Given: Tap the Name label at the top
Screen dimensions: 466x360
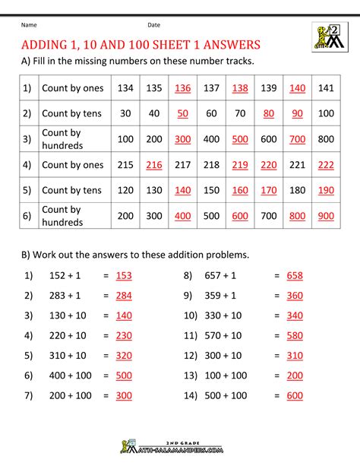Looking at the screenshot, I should point(29,24).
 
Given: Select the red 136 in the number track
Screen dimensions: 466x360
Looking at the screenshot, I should point(183,88).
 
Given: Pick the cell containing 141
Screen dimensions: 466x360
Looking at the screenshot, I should point(326,88).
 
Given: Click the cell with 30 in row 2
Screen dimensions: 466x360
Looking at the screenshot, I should point(125,113).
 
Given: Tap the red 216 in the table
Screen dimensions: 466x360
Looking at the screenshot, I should point(154,163).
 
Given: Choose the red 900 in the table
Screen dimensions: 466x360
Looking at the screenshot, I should point(326,215).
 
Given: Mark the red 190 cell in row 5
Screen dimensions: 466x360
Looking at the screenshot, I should point(326,190).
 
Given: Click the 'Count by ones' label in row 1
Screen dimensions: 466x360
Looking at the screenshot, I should point(73,88).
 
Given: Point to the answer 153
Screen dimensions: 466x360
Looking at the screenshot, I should point(124,277).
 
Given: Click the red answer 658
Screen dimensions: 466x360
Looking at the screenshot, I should point(295,277).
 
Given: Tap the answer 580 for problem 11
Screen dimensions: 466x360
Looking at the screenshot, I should point(295,335).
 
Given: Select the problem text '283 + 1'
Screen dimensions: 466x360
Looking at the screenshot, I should point(61,296).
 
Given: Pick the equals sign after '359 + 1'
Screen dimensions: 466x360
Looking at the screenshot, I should point(277,296).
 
